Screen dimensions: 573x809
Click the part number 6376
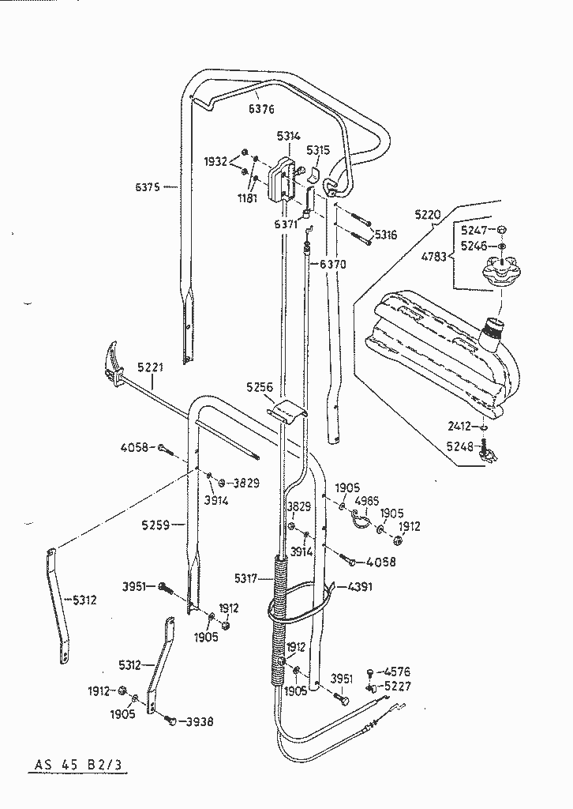coord(261,109)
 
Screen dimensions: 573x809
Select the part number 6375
coord(148,187)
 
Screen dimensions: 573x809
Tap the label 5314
coord(288,136)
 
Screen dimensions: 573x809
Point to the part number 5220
coord(428,215)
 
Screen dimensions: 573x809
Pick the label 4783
coord(433,256)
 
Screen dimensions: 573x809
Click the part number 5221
coord(151,368)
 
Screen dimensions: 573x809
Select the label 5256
coord(260,387)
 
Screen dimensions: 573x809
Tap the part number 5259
coord(155,525)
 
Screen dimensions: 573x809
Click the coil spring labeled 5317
coord(279,619)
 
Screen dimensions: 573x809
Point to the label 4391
coord(360,587)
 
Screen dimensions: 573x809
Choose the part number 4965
coord(367,500)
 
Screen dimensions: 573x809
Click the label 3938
coord(200,722)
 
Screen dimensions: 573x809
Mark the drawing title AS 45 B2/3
coord(78,764)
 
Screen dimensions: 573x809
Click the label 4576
coord(397,672)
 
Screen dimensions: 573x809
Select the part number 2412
coord(459,426)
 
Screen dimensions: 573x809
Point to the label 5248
coord(459,446)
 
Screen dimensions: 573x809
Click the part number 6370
coord(333,265)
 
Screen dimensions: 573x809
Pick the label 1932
coord(215,162)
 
